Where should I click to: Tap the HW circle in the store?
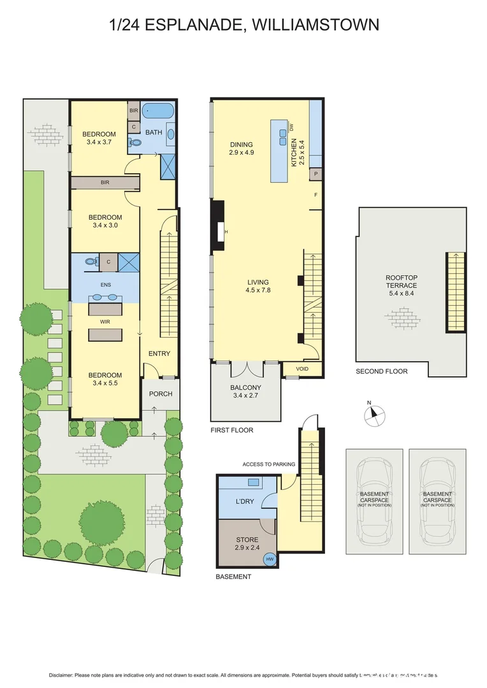[x=270, y=559]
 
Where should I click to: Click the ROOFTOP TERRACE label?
[x=401, y=282]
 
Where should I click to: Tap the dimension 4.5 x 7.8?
[x=258, y=290]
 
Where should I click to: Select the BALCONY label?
[x=245, y=387]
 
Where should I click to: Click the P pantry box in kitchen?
[x=315, y=173]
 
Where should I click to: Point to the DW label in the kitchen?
[x=292, y=128]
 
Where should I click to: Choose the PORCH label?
[x=161, y=394]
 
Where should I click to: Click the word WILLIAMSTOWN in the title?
[x=316, y=25]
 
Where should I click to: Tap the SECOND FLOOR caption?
[x=381, y=371]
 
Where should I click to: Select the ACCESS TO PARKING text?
[x=268, y=464]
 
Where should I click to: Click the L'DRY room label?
[x=245, y=501]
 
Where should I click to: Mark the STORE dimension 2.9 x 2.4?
[x=247, y=548]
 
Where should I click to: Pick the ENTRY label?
[x=159, y=354]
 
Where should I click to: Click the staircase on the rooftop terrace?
[x=455, y=291]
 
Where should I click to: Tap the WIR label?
[x=105, y=322]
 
